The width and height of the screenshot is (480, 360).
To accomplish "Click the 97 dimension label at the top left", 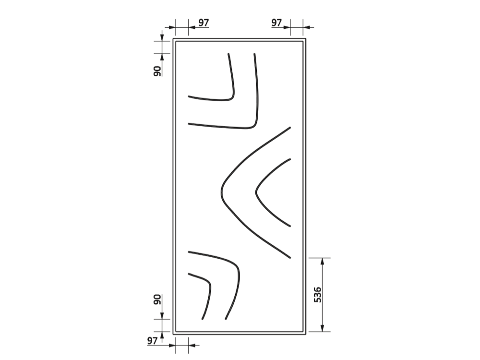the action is click(204, 23).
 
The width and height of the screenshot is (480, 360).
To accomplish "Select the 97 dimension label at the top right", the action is click(276, 23).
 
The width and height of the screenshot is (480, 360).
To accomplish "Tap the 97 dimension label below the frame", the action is click(152, 341).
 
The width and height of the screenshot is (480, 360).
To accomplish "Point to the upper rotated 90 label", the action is click(157, 71).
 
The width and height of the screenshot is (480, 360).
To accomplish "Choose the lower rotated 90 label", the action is click(157, 300).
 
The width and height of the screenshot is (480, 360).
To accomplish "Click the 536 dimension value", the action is click(318, 295).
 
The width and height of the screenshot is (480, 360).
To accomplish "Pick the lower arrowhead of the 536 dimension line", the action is click(322, 328).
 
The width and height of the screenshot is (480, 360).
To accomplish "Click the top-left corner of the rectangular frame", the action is click(173, 39).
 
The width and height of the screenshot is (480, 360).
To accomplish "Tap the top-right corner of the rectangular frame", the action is click(305, 39).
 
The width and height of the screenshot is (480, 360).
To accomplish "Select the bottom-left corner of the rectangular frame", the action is click(173, 334).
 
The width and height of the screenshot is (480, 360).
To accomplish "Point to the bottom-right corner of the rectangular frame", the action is click(305, 334).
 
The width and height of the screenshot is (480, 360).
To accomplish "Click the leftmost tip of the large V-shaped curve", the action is click(221, 192).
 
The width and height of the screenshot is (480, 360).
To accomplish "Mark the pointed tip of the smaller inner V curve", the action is click(256, 192).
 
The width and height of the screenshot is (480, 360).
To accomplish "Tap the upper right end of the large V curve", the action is click(290, 127).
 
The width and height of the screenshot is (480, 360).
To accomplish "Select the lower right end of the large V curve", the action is click(290, 258).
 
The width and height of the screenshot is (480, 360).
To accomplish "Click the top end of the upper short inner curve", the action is click(228, 54).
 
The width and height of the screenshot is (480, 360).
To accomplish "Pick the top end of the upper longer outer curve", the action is click(254, 54).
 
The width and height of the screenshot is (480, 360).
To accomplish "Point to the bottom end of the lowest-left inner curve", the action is click(202, 319).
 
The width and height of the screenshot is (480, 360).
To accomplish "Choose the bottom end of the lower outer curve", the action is click(226, 319).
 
